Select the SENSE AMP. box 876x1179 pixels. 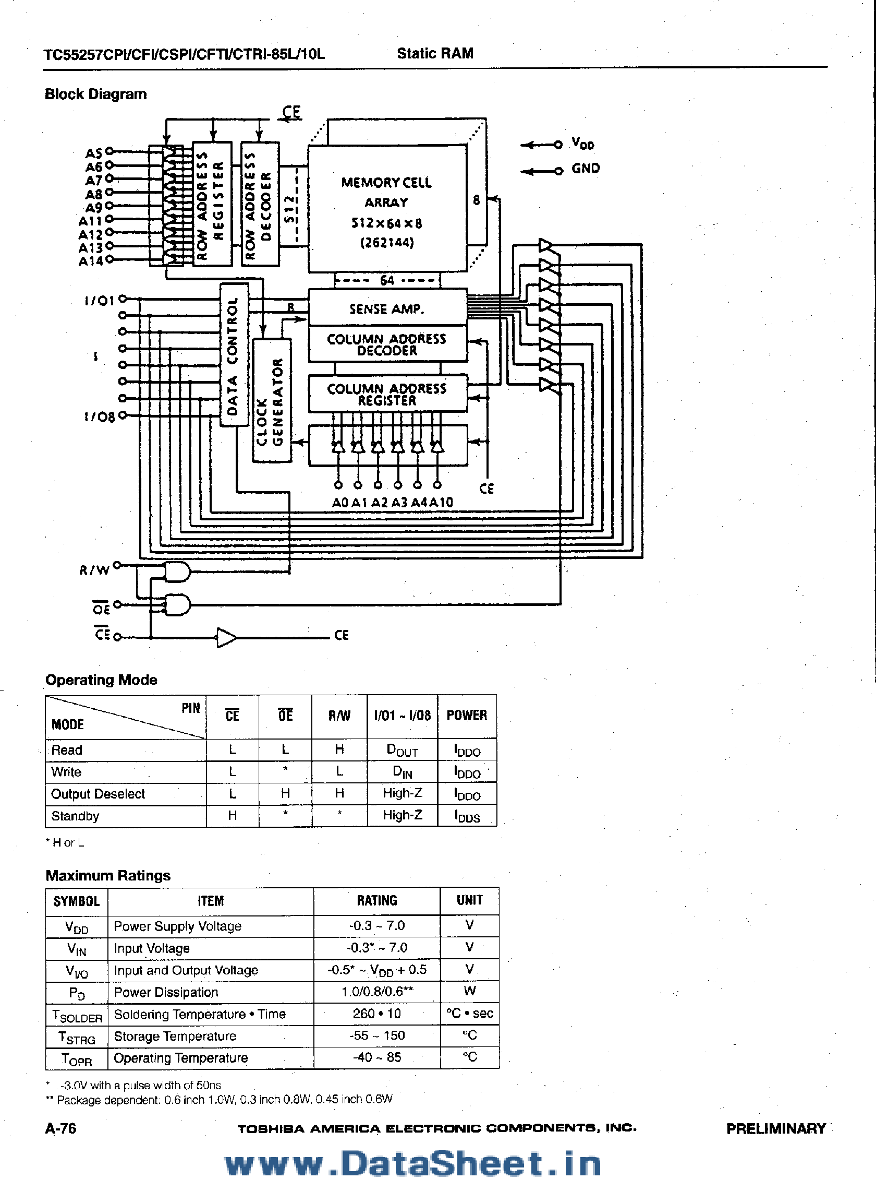pos(387,308)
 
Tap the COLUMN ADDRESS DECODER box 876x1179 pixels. pos(387,344)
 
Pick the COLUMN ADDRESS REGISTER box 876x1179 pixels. pos(387,394)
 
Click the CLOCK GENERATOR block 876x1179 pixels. pos(272,401)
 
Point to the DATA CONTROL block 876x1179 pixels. pos(233,354)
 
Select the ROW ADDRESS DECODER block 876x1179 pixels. pos(260,204)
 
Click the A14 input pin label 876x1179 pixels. pos(91,261)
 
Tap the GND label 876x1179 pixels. pos(586,169)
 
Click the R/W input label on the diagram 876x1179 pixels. pos(94,570)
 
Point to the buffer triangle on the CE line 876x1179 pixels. pos(226,637)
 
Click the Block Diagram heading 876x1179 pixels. pos(96,94)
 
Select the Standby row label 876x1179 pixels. pos(75,816)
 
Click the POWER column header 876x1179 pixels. pos(467,716)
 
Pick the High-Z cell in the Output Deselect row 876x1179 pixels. pos(403,793)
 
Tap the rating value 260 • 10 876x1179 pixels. pos(376,1014)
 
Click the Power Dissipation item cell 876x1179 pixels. pos(166,992)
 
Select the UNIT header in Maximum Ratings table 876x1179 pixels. pos(469,900)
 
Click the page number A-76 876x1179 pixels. pos(60,1128)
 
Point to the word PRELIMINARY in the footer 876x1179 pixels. pos(776,1128)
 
